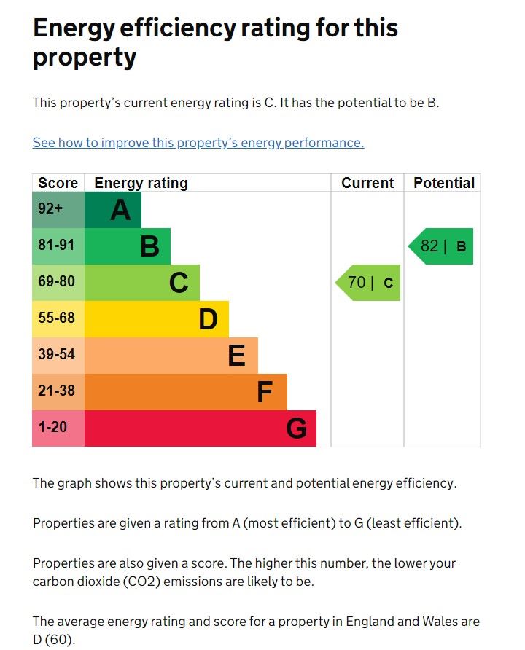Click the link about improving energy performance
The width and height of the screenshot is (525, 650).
pos(198,143)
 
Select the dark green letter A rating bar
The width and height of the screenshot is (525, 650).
pos(113,210)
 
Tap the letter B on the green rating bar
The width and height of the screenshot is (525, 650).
pos(149,246)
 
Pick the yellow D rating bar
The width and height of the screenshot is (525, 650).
pos(157,319)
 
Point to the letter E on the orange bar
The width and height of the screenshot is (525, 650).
pos(236,356)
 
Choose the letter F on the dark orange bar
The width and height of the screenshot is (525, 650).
pos(265,392)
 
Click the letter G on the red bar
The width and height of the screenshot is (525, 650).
pos(296,428)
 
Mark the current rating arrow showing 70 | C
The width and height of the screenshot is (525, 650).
pos(369,283)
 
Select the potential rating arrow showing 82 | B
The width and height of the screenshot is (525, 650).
pos(442,246)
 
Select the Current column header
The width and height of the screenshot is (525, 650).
pos(367,183)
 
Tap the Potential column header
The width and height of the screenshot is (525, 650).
pos(443,183)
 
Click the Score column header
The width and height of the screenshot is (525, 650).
pos(58,183)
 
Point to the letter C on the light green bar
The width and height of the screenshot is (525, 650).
pos(179,283)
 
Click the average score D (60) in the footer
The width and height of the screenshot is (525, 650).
pos(54,641)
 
